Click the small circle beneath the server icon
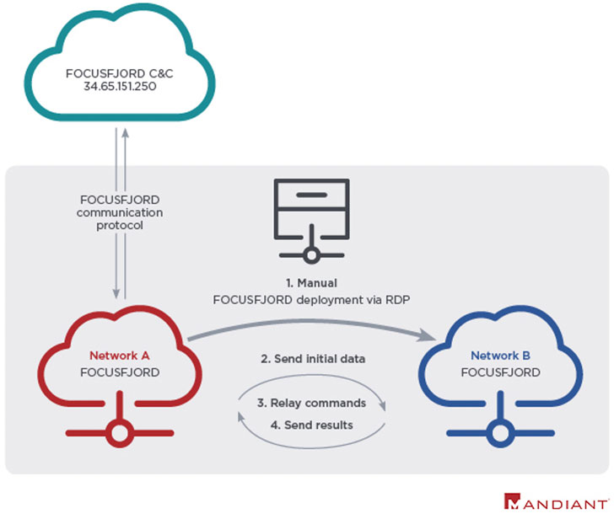[x=310, y=255]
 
